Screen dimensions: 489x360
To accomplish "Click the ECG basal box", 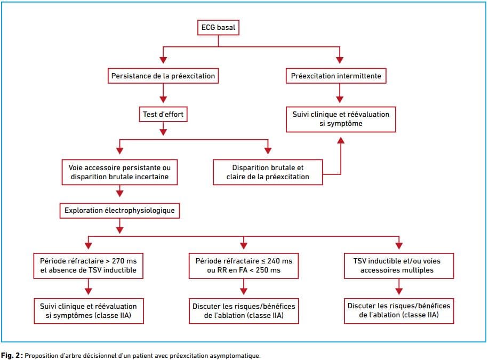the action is (218, 27).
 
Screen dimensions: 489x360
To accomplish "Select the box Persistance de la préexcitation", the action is (163, 76).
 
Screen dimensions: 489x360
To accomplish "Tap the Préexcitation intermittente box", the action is (336, 76).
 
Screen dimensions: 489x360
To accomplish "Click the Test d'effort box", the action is (163, 114).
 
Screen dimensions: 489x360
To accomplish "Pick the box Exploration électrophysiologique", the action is (119, 211).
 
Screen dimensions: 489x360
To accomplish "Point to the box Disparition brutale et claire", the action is (268, 172).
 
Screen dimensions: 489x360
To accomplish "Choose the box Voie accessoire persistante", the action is (119, 172).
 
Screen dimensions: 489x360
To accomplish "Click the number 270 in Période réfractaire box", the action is (118, 261).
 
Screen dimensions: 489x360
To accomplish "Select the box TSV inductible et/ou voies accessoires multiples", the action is (398, 266).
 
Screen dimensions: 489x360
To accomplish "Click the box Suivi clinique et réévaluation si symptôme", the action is (341, 119).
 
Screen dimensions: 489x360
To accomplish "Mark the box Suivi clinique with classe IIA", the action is (89, 311).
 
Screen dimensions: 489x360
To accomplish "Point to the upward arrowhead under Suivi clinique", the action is (341, 140).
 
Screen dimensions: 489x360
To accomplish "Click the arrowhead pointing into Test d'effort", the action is (163, 99).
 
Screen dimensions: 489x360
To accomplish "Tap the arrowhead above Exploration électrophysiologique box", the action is (119, 194).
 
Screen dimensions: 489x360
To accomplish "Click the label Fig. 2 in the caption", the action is (12, 356).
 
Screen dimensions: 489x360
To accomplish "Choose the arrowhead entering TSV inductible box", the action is (399, 245).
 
